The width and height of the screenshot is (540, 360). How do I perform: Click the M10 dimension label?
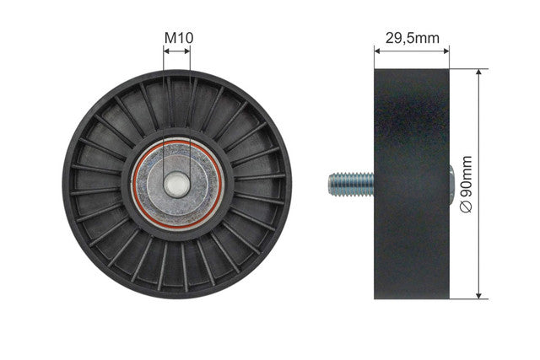point(179,38)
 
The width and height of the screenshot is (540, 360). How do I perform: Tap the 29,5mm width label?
point(413,38)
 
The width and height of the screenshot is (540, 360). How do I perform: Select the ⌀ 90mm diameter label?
point(466,184)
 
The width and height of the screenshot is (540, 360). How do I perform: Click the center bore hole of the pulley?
point(176,185)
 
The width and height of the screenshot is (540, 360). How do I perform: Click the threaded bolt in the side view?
point(351,185)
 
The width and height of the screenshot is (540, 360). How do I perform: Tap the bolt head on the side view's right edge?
point(452,185)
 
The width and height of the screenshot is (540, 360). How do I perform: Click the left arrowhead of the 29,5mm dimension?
point(377,51)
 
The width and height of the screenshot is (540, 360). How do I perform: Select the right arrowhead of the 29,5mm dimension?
point(446,51)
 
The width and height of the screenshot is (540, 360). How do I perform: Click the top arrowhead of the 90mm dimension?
point(478,72)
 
